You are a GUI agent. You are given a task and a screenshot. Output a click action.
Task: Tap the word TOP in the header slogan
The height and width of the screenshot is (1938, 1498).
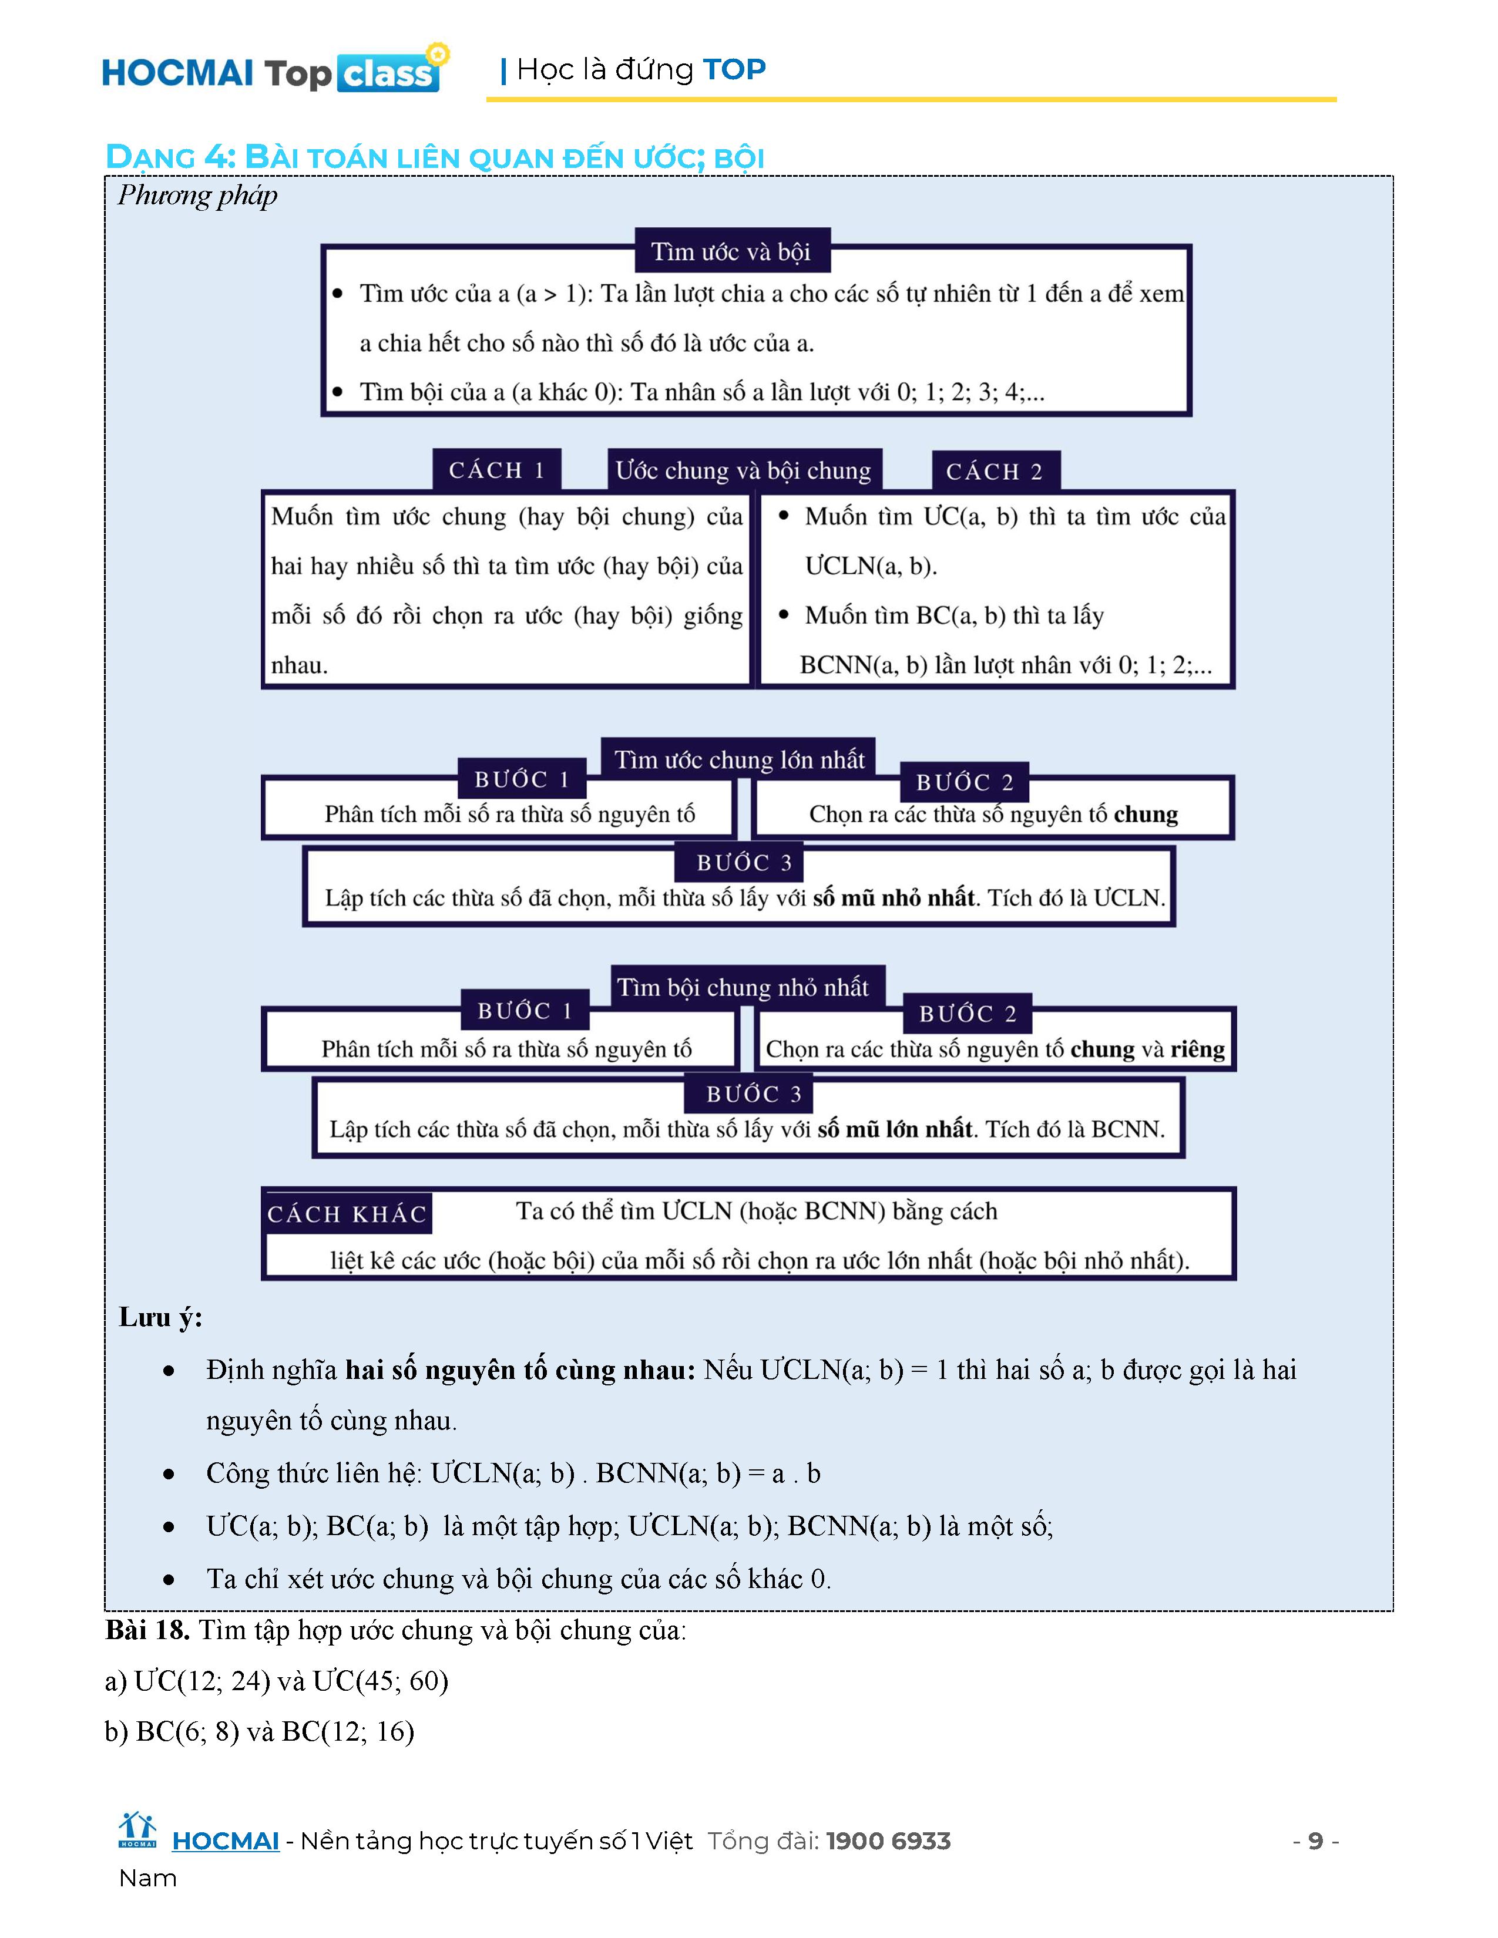(x=733, y=69)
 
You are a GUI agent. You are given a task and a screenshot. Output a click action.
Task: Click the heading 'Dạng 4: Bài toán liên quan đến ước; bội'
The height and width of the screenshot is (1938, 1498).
(x=434, y=157)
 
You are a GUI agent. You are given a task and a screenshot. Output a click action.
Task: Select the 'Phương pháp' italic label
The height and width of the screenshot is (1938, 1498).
(x=197, y=195)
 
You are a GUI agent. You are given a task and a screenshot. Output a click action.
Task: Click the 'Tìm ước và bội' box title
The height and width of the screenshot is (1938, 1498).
(x=731, y=252)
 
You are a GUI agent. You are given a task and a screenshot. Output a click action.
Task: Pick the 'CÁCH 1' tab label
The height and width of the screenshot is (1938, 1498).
(x=496, y=470)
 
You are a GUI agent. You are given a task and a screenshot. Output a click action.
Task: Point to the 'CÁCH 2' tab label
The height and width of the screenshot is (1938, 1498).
(x=994, y=471)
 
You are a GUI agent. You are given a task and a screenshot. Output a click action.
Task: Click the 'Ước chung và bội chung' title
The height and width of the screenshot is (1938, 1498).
(x=744, y=470)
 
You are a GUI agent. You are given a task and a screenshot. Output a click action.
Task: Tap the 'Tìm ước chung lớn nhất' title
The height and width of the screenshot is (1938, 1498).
(x=739, y=759)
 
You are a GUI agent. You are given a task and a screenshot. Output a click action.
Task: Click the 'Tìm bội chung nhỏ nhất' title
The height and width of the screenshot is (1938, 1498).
(x=743, y=987)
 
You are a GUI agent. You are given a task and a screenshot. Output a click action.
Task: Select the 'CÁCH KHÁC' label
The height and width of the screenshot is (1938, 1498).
(x=347, y=1214)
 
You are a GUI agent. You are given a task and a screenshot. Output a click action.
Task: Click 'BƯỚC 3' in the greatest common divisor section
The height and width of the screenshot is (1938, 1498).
(x=744, y=863)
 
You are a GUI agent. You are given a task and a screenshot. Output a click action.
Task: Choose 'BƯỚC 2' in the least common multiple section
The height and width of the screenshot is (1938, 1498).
(x=968, y=1014)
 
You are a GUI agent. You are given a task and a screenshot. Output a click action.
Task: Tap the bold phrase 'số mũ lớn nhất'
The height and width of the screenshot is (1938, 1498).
(x=895, y=1129)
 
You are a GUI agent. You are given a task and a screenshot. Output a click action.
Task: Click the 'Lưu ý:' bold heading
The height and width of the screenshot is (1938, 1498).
(x=160, y=1317)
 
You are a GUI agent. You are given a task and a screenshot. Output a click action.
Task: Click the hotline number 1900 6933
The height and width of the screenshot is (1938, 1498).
(x=888, y=1841)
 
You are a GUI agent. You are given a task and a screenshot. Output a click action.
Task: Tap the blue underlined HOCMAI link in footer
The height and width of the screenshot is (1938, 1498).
(x=226, y=1841)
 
